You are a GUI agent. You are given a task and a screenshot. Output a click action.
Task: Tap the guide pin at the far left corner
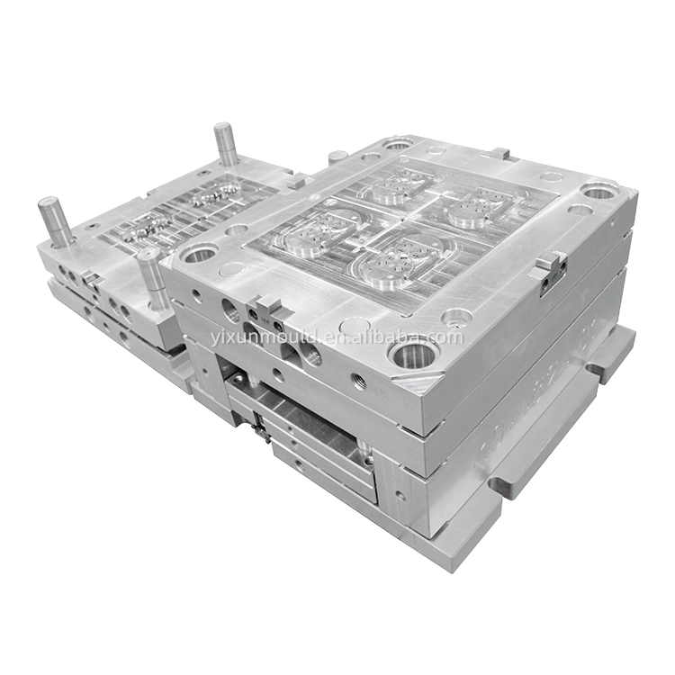[x=54, y=221]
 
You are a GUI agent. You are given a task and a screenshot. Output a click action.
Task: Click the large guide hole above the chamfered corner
[x=414, y=354]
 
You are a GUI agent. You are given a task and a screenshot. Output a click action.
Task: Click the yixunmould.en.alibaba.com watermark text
[x=337, y=337]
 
